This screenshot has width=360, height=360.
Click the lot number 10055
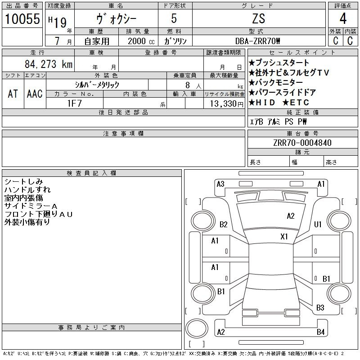point(22,18)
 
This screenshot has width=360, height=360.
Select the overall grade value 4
point(343,18)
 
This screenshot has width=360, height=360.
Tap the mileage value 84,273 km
point(49,64)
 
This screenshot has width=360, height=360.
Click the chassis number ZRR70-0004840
point(302,143)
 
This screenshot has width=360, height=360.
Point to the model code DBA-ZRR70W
point(258,41)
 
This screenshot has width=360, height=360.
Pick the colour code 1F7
point(74,103)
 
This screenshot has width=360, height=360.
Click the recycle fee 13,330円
point(227,104)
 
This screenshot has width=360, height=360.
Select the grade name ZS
point(259,18)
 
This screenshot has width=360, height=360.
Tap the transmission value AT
point(13,94)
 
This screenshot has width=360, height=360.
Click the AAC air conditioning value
point(35,94)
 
